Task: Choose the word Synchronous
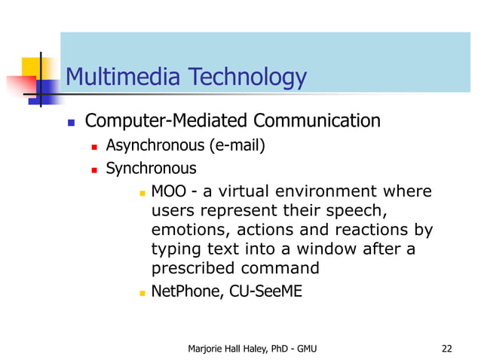[x=151, y=169]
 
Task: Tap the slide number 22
[x=446, y=348]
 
